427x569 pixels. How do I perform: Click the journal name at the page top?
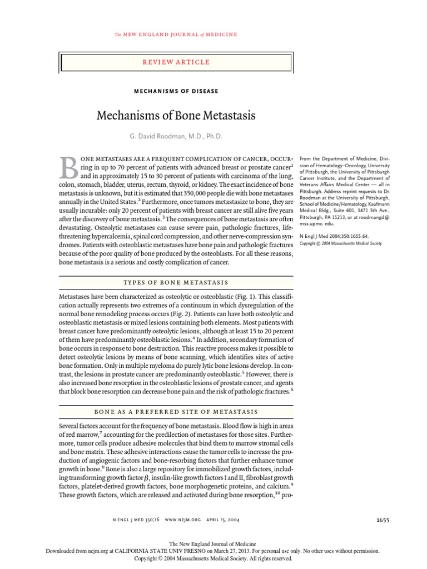click(176, 34)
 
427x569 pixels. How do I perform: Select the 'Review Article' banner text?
click(176, 62)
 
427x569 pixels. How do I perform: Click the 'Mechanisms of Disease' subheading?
click(176, 91)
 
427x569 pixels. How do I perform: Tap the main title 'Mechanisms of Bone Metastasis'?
click(176, 116)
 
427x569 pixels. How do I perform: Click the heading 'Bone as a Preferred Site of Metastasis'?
click(176, 411)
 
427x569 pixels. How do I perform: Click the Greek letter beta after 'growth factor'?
click(131, 461)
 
